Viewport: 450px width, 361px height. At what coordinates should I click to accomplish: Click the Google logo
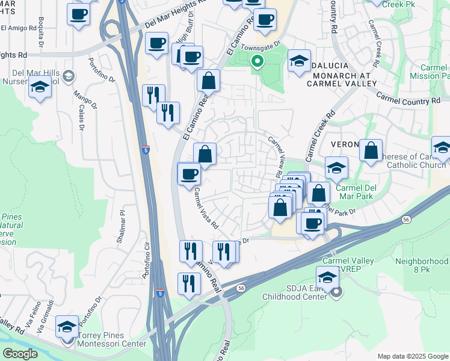pos(20,353)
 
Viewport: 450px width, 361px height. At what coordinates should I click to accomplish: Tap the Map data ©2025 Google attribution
pos(413,356)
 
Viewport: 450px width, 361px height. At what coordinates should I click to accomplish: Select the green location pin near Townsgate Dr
pos(257,61)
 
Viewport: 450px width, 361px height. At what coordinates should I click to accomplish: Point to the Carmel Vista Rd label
pos(205,207)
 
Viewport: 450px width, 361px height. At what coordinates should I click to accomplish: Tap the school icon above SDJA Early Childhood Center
pos(327,278)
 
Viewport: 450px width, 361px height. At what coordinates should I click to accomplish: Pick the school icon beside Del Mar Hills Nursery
pos(40,88)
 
